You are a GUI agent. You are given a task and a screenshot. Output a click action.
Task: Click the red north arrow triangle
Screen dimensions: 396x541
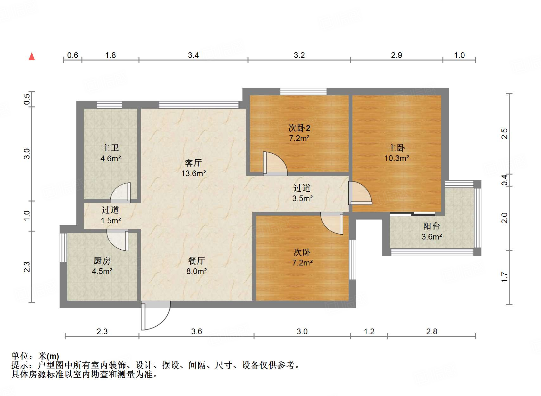[32, 57]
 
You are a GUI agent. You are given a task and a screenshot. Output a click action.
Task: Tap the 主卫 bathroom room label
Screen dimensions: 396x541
[110, 148]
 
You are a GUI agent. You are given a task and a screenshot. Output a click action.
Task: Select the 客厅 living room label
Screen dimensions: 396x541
[193, 163]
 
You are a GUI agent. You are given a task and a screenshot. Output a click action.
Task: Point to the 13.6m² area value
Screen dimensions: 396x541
[193, 173]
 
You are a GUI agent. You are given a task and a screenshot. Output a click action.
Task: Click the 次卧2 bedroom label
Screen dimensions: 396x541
[299, 128]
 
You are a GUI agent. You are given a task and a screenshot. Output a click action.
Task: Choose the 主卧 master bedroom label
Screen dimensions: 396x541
[396, 148]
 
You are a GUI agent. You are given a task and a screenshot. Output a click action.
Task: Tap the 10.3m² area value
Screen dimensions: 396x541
[396, 158]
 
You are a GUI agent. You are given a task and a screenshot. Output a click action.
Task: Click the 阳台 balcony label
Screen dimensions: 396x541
[431, 226]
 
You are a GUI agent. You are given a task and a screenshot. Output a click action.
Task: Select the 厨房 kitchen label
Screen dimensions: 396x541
[102, 261]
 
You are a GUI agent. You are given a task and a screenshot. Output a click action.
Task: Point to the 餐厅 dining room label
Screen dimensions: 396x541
[196, 261]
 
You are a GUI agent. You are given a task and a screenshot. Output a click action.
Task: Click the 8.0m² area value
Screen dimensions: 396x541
[196, 271]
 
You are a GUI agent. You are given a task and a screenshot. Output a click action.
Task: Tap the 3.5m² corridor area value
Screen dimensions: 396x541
[302, 198]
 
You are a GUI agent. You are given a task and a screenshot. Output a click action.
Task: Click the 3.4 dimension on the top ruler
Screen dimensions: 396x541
[193, 55]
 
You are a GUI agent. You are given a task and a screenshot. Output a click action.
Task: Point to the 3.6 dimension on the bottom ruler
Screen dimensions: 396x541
[196, 331]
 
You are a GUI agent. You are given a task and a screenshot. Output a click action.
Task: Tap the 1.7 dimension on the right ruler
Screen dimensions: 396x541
[505, 277]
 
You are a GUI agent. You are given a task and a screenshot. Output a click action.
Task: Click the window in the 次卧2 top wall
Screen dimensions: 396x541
[303, 92]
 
